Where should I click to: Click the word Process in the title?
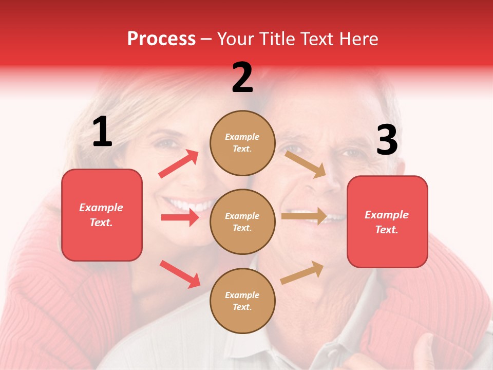tap(161, 39)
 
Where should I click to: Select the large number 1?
tap(102, 132)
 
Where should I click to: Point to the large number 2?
tap(242, 78)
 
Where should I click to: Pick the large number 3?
tap(387, 140)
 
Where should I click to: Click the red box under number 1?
tap(102, 215)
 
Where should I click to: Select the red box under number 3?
tap(387, 222)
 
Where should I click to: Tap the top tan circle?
tap(242, 143)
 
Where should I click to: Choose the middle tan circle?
tap(242, 221)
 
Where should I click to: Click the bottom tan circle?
tap(242, 301)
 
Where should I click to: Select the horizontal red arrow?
tap(180, 217)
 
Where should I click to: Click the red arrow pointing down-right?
tap(180, 274)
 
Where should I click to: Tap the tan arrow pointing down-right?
tap(306, 164)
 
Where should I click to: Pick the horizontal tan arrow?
tap(304, 216)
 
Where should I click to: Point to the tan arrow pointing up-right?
tap(302, 272)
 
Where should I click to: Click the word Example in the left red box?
tap(101, 208)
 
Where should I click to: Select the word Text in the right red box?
tap(386, 230)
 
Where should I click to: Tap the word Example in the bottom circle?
tap(242, 295)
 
